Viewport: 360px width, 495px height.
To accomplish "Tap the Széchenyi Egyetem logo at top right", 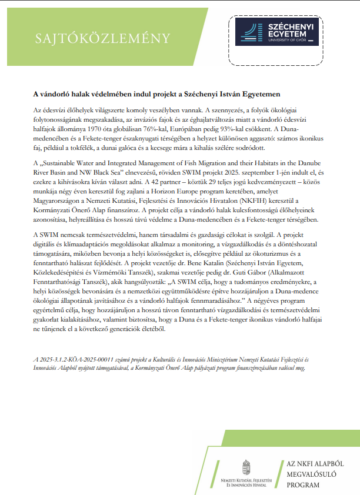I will [277, 32].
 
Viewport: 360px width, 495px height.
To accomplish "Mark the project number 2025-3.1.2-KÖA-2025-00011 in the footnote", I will [75, 359].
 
